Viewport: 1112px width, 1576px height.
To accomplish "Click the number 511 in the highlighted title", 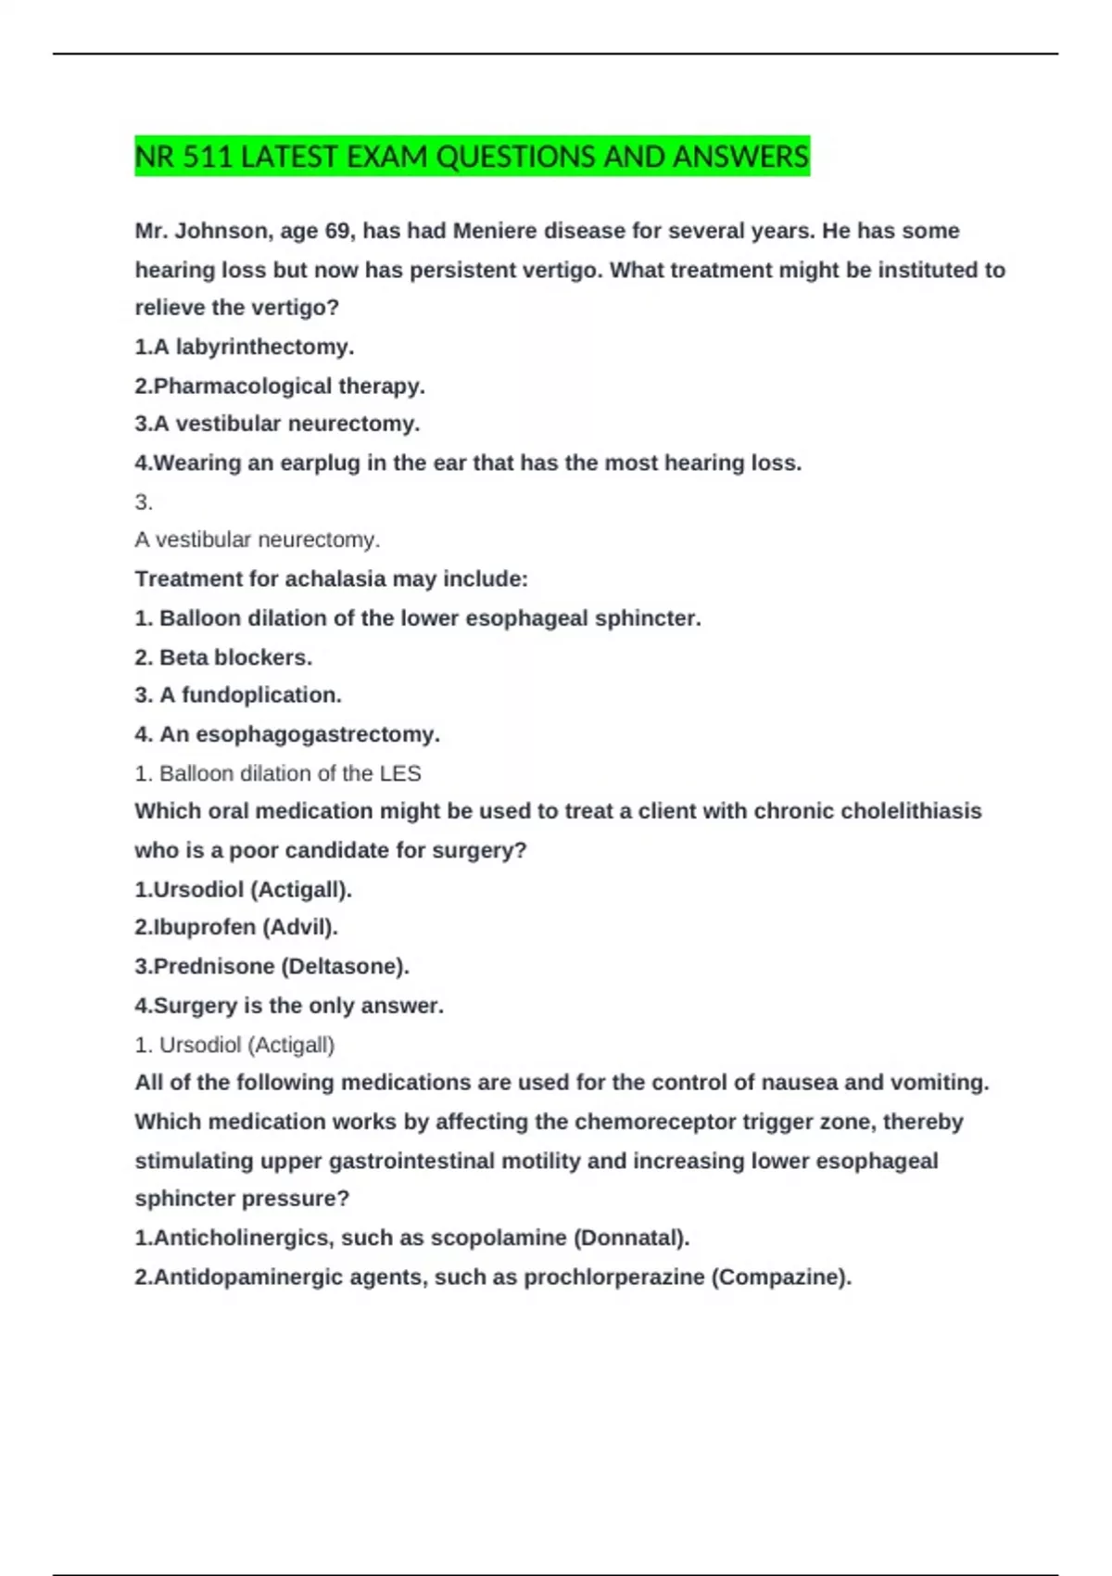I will pos(208,157).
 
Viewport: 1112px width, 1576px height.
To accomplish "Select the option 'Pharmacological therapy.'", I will pos(280,386).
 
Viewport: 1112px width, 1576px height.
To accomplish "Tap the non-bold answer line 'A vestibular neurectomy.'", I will pos(258,540).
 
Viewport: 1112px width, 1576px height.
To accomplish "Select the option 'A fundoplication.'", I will pos(239,694).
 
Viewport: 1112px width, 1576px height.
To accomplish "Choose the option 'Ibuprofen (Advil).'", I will pos(236,927).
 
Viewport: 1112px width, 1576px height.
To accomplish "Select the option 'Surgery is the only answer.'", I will pos(289,1005).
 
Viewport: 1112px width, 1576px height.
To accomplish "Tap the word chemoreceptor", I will pos(655,1122).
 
